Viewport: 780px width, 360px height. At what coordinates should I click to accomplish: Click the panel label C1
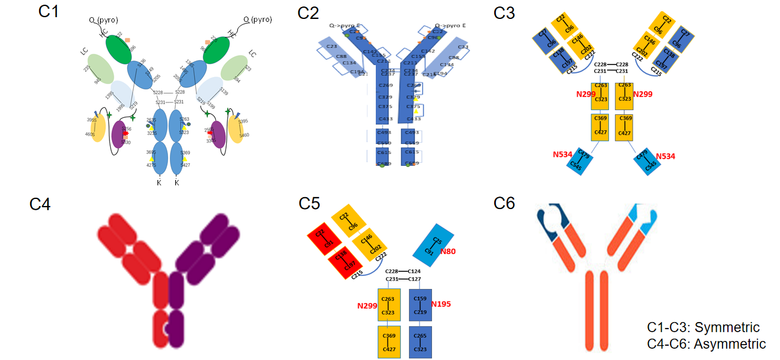click(x=49, y=12)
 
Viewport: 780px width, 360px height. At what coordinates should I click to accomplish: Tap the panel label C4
click(x=40, y=205)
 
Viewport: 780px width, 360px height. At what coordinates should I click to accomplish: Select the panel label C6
click(x=504, y=203)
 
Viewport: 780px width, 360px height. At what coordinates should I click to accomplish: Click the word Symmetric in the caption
click(x=727, y=327)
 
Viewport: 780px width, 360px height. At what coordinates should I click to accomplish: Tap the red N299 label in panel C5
click(x=367, y=306)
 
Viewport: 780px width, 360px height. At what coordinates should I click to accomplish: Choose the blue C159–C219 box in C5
click(x=420, y=304)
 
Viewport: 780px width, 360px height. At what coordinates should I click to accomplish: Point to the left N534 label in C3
click(x=563, y=155)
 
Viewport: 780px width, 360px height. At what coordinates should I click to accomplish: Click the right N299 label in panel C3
click(x=643, y=94)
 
